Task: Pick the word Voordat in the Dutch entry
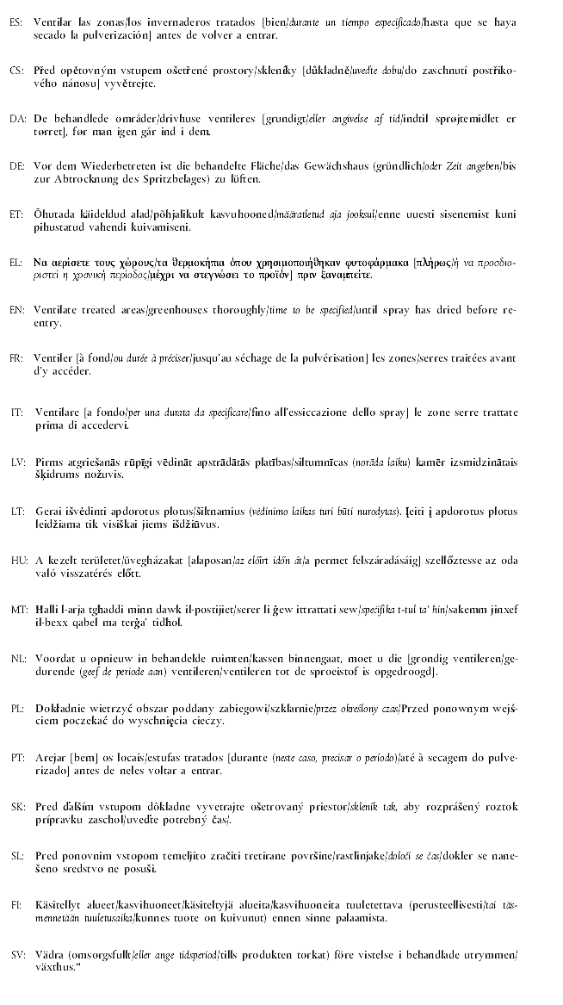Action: tap(56, 658)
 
